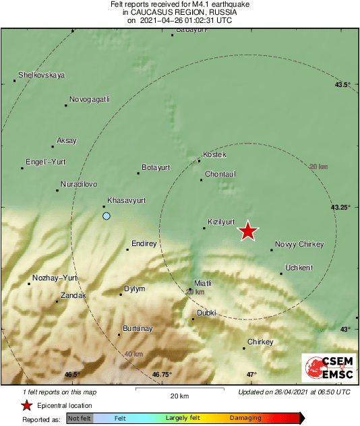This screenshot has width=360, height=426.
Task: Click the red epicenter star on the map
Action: pyautogui.click(x=248, y=231)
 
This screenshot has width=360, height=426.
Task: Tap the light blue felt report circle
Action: pyautogui.click(x=106, y=216)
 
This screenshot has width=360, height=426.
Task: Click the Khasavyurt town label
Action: pyautogui.click(x=127, y=201)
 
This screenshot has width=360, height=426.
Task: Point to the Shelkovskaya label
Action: pyautogui.click(x=41, y=75)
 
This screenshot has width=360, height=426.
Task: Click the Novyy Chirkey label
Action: pyautogui.click(x=300, y=244)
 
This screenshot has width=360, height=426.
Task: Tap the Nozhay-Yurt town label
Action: pyautogui.click(x=55, y=278)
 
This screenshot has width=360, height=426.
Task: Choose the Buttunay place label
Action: pyautogui.click(x=139, y=328)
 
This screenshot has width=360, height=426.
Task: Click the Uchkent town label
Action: pyautogui.click(x=299, y=268)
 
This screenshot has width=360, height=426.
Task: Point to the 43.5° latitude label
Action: pyautogui.click(x=343, y=85)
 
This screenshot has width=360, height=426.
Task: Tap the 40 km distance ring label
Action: pyautogui.click(x=133, y=354)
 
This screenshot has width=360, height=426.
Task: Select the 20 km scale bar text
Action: pyautogui.click(x=179, y=395)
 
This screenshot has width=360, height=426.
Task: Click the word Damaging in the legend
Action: pyautogui.click(x=245, y=418)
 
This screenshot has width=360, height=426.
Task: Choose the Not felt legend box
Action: pyautogui.click(x=80, y=419)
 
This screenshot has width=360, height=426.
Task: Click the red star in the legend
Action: pyautogui.click(x=26, y=405)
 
